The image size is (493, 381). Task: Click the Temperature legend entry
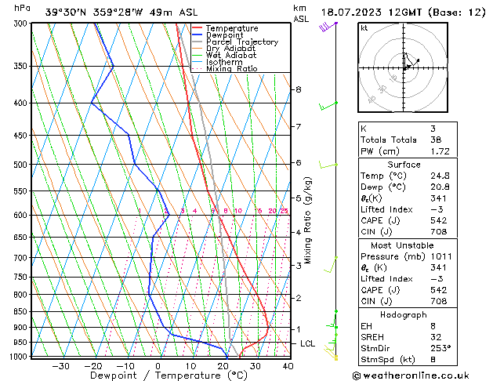click(x=232, y=28)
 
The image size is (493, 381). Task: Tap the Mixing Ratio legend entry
click(x=231, y=69)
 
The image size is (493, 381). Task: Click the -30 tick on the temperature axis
click(x=60, y=365)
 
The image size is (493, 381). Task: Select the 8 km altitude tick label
click(x=298, y=89)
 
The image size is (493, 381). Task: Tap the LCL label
click(x=308, y=343)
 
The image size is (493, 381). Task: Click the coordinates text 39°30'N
click(x=67, y=12)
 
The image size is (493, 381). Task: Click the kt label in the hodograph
click(x=364, y=27)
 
